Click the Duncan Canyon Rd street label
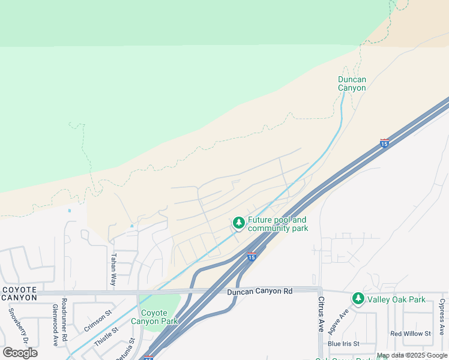(x=259, y=292)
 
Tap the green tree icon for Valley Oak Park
(x=358, y=298)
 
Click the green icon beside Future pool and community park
(x=239, y=223)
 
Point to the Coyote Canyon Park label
(x=159, y=317)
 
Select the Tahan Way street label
(x=113, y=269)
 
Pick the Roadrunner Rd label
(x=64, y=315)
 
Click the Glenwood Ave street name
(x=55, y=324)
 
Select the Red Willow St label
(x=411, y=334)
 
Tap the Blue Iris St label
(x=343, y=344)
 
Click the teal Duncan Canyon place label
(x=352, y=83)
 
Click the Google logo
(x=20, y=353)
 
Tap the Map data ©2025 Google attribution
(x=412, y=356)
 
